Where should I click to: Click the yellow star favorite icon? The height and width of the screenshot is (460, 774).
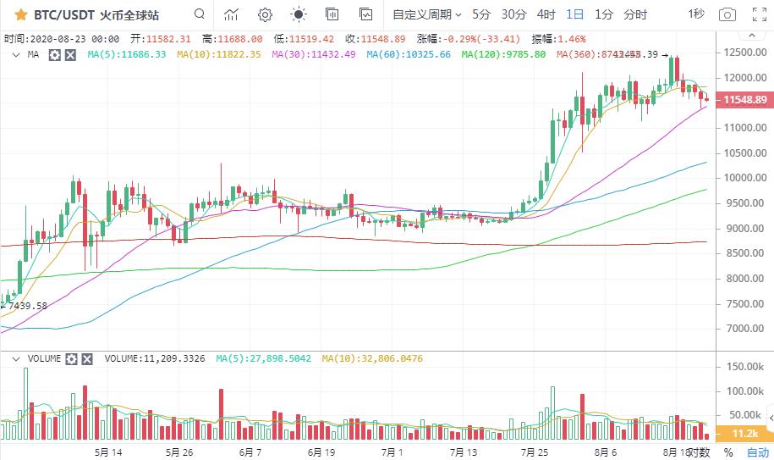21,14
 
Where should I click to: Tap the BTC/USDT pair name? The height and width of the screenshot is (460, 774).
63,14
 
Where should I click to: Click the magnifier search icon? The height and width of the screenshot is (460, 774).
199,14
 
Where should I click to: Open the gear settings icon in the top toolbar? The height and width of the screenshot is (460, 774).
265,14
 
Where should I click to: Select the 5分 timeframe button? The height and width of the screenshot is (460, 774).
481,14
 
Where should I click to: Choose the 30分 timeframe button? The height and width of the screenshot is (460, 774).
513,14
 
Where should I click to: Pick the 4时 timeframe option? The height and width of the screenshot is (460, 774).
546,14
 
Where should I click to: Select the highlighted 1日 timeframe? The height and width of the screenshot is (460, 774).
575,14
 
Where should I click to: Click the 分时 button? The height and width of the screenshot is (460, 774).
635,14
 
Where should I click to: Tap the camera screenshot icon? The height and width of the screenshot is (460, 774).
727,14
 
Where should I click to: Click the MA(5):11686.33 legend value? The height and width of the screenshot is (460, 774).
128,54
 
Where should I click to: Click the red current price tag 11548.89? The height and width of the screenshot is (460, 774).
745,100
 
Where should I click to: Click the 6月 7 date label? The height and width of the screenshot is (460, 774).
251,452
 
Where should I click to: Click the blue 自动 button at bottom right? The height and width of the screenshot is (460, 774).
758,452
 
